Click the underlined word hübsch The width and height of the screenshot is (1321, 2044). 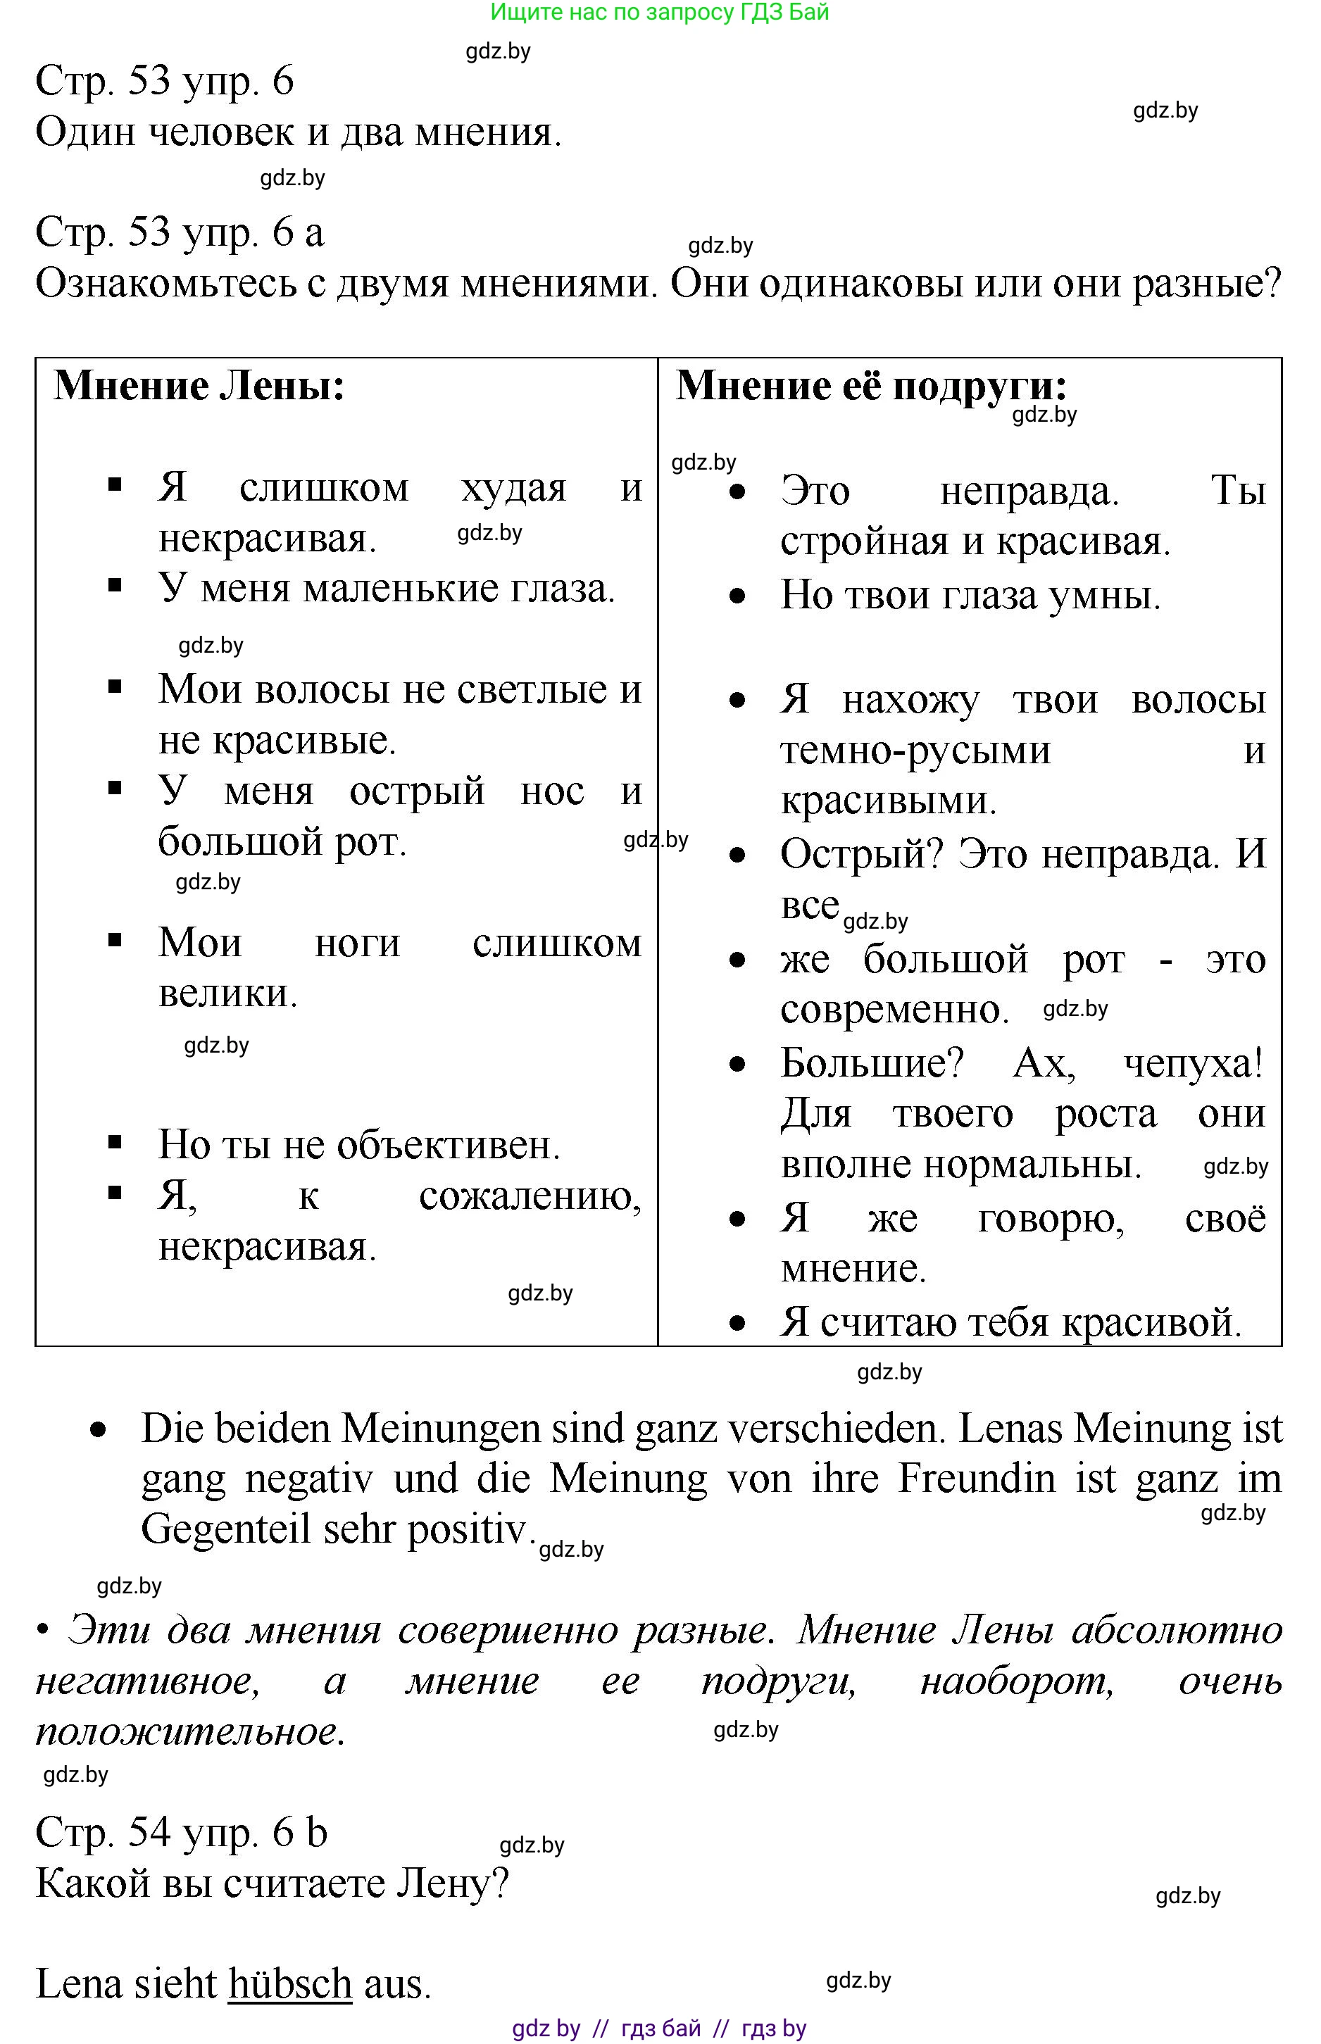coord(290,1984)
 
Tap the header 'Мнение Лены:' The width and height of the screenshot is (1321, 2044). coord(199,386)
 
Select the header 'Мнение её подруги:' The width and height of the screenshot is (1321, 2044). coord(870,386)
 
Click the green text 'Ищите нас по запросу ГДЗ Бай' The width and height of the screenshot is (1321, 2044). coord(659,13)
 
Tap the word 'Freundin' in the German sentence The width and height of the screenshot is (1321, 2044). coord(976,1479)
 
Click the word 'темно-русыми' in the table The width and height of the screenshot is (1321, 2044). coord(915,751)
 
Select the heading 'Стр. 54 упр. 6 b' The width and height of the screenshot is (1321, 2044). coord(181,1832)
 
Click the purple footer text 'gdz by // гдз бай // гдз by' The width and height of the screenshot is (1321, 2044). coord(659,2029)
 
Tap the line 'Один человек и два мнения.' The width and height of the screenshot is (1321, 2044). coord(299,132)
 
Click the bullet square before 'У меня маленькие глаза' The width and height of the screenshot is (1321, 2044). coord(115,586)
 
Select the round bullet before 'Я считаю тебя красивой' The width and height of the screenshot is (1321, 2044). coord(737,1324)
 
